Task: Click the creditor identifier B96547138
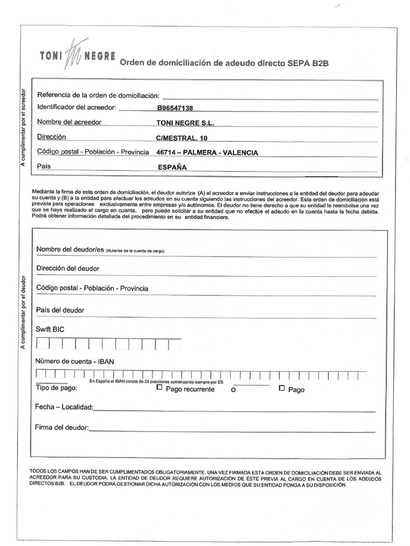(x=175, y=108)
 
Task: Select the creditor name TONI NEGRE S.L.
(x=185, y=123)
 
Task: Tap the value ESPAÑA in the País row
(x=172, y=167)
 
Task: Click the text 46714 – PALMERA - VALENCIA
(x=207, y=152)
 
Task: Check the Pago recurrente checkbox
(x=160, y=388)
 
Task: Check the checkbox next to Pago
(x=282, y=388)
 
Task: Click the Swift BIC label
(x=50, y=330)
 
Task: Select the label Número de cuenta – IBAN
(x=75, y=361)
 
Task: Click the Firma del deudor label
(x=62, y=428)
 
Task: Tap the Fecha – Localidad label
(x=64, y=407)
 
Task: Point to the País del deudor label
(x=60, y=310)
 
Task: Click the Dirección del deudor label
(x=68, y=268)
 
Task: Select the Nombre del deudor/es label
(x=69, y=250)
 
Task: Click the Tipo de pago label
(x=56, y=388)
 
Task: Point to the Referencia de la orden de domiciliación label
(x=98, y=95)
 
